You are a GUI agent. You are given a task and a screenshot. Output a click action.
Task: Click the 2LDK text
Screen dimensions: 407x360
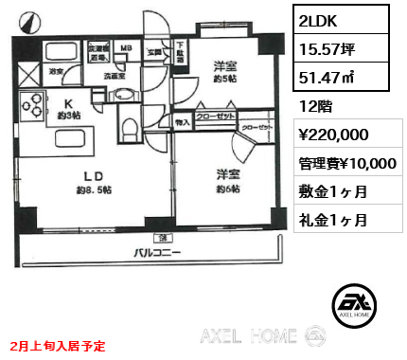coord(320,22)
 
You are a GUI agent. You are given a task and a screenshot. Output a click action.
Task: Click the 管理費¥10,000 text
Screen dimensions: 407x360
coord(345,163)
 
